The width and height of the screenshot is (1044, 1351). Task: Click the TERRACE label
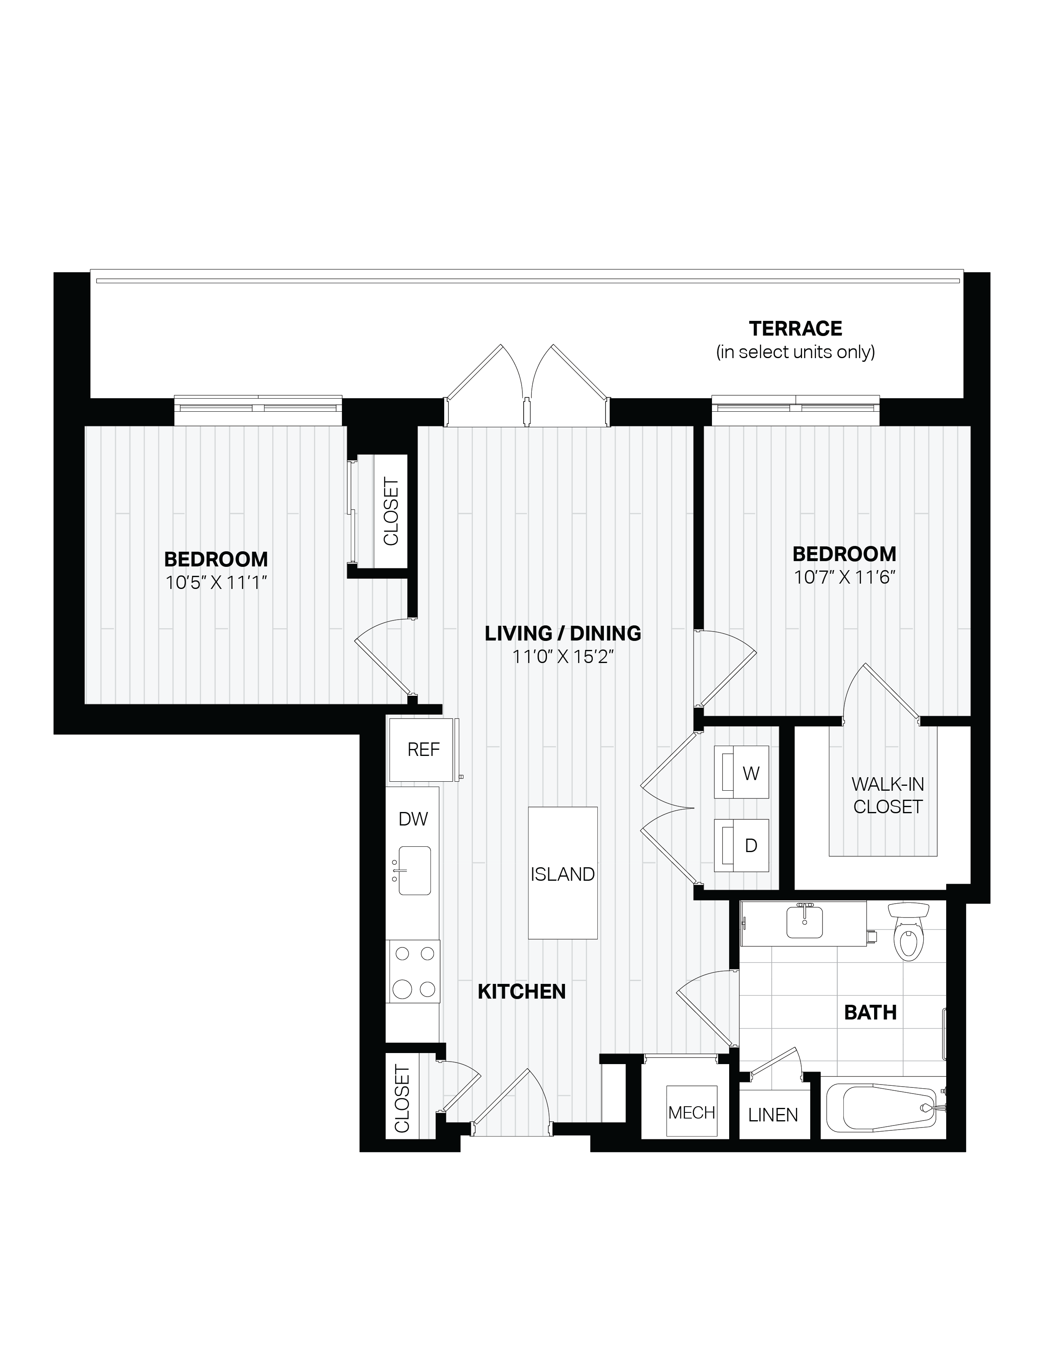point(795,329)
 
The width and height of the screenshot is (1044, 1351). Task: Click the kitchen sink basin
point(414,871)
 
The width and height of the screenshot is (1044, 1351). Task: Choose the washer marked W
point(741,773)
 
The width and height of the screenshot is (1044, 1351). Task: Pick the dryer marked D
point(741,846)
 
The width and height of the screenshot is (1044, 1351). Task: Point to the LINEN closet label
point(773,1115)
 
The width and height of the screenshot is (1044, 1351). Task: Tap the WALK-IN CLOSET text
point(888,796)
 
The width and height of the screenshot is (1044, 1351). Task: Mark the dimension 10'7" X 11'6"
point(845,577)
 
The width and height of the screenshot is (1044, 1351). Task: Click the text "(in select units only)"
point(795,352)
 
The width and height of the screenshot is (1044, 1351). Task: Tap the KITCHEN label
point(522,992)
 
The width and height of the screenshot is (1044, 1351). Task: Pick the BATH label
point(870,1013)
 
